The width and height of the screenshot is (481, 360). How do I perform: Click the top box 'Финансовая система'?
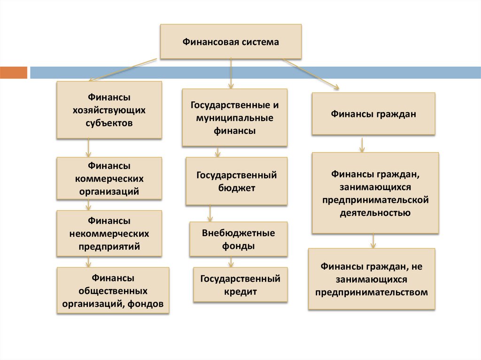pyautogui.click(x=231, y=42)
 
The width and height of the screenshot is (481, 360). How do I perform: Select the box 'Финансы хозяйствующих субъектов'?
pyautogui.click(x=109, y=110)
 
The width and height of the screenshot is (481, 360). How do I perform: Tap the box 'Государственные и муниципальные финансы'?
pyautogui.click(x=234, y=117)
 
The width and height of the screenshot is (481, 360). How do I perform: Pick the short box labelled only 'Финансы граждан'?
pyautogui.click(x=373, y=114)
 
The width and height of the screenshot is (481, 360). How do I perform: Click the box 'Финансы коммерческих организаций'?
pyautogui.click(x=109, y=179)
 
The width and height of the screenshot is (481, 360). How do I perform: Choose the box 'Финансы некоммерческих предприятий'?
pyautogui.click(x=109, y=233)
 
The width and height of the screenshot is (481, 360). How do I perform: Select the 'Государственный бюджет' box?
pyautogui.click(x=236, y=182)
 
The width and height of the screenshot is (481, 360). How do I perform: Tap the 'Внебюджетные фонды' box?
pyautogui.click(x=238, y=239)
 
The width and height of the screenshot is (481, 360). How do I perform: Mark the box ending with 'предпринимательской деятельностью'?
pyautogui.click(x=375, y=193)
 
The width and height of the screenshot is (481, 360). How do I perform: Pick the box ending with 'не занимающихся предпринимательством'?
pyautogui.click(x=372, y=279)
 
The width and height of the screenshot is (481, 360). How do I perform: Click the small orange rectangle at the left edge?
pyautogui.click(x=14, y=73)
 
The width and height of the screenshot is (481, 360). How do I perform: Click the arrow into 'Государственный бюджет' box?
pyautogui.click(x=217, y=152)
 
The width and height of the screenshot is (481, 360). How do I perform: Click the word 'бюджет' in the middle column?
pyautogui.click(x=236, y=188)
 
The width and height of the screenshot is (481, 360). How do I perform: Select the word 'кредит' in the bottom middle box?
pyautogui.click(x=243, y=291)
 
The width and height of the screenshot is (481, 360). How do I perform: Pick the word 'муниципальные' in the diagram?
pyautogui.click(x=234, y=117)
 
